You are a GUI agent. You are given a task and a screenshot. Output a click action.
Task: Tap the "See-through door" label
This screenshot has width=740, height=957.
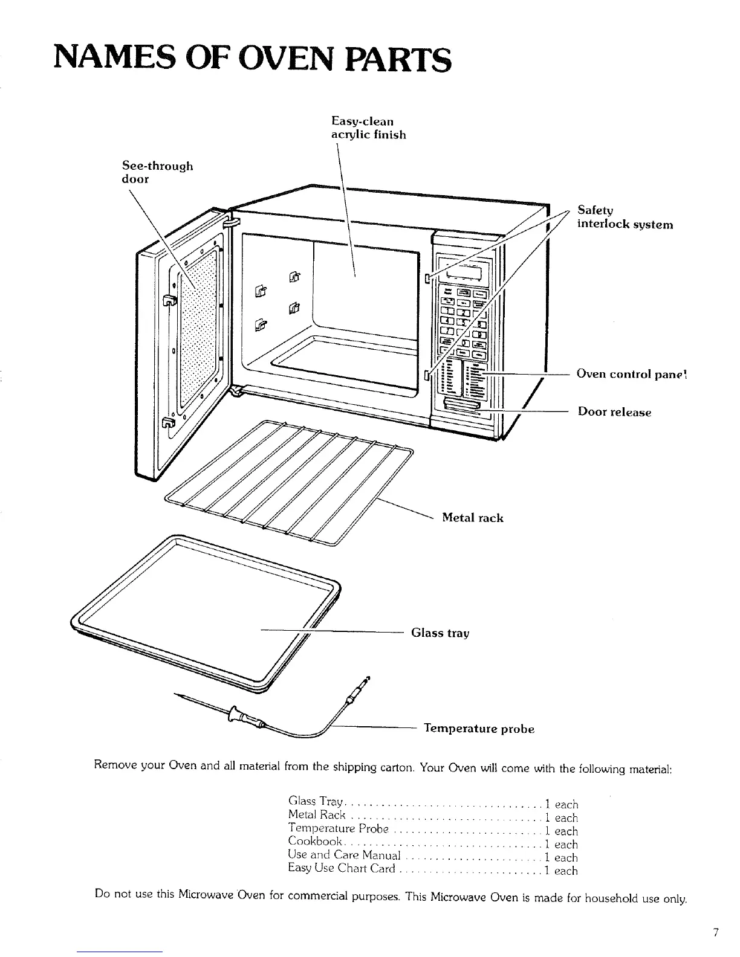click(157, 172)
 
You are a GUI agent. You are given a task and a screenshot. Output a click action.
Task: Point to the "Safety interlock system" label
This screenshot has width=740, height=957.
click(625, 217)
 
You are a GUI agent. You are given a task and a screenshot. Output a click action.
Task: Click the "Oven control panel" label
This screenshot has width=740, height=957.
click(631, 374)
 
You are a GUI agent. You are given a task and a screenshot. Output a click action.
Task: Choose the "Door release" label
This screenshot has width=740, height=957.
click(614, 413)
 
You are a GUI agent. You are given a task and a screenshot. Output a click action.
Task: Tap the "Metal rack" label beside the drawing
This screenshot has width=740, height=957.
click(472, 518)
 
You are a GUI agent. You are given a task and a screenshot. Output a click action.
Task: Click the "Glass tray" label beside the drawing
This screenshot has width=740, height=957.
click(440, 633)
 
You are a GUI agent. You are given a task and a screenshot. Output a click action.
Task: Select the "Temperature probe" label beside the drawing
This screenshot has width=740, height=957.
click(479, 729)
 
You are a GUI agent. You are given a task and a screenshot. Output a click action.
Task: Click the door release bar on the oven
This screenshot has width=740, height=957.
click(462, 404)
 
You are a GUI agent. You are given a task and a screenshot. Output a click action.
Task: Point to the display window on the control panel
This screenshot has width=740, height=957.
click(466, 275)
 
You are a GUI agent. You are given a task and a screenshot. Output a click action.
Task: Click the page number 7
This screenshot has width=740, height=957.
click(716, 933)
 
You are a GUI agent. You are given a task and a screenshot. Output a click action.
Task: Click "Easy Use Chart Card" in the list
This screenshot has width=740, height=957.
click(342, 871)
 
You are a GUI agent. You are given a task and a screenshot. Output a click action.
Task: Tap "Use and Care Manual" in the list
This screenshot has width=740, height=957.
click(344, 857)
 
